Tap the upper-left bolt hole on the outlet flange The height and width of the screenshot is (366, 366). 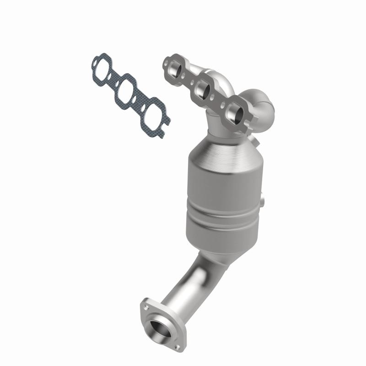click(145, 304)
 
